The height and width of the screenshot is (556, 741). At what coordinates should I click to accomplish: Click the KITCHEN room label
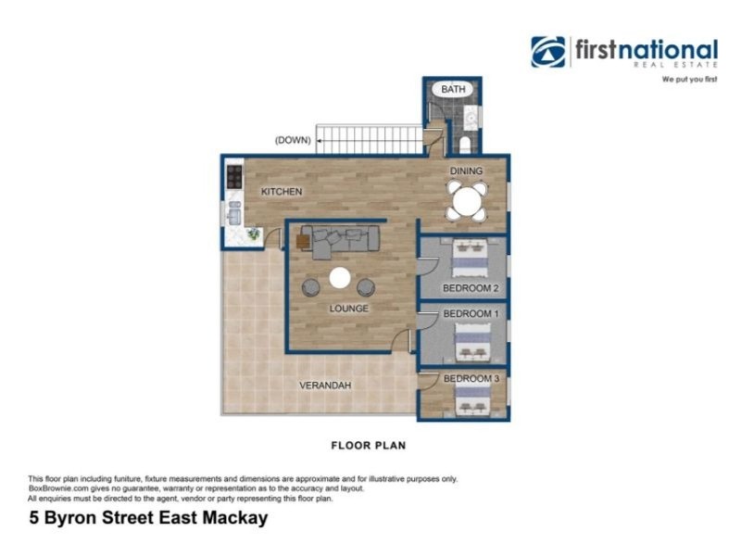coord(282,192)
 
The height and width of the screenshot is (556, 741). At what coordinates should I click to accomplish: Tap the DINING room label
coord(466,171)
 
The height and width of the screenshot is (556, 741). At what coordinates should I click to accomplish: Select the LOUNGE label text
coord(349,309)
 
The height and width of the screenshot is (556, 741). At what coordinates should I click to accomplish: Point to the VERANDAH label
coord(325,385)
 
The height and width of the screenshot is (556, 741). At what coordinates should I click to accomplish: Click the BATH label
coord(452,89)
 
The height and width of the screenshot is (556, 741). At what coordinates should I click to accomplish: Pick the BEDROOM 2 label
coord(471,288)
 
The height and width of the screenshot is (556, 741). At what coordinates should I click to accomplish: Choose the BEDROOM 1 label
coord(471,314)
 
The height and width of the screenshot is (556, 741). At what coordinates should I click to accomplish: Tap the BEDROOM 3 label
coord(471,379)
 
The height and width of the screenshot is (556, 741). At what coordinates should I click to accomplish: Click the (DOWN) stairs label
coord(292,141)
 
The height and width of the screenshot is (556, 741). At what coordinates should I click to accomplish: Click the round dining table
coord(467,200)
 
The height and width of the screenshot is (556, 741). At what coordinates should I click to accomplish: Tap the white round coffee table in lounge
coord(340,277)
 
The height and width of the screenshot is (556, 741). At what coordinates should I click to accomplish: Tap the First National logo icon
coord(547,52)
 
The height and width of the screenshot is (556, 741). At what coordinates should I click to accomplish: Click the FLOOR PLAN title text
coord(369,446)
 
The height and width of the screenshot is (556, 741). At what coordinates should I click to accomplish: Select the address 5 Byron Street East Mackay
coord(148,518)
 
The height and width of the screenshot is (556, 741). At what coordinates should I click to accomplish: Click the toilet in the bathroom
coord(464,145)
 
